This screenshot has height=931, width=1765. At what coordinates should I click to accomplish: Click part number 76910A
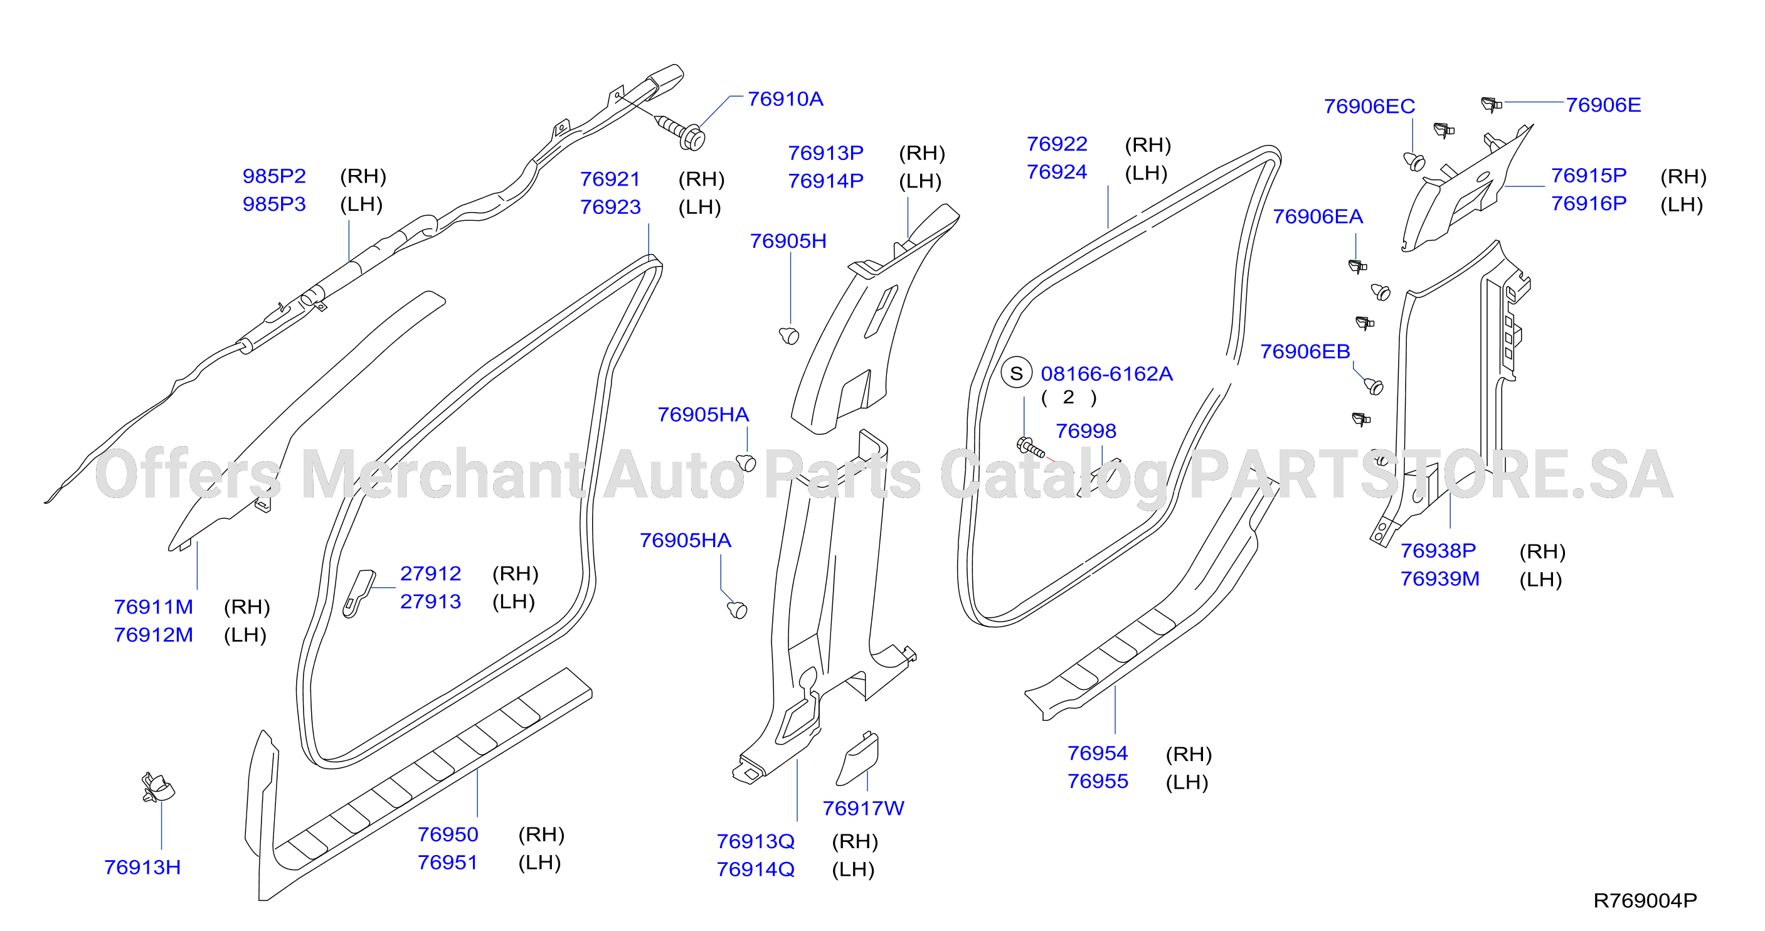[785, 99]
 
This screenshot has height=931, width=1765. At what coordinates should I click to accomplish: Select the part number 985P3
[274, 205]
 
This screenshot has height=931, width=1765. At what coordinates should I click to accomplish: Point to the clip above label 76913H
[157, 788]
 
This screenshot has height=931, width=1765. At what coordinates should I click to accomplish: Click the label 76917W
[863, 809]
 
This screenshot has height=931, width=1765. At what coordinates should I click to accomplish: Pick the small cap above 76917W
[857, 758]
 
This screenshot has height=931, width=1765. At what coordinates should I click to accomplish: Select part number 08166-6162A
[1106, 375]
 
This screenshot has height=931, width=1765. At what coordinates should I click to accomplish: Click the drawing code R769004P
[1645, 901]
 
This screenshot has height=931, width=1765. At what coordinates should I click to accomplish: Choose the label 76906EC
[1369, 107]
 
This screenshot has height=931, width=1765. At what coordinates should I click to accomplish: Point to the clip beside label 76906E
[1491, 104]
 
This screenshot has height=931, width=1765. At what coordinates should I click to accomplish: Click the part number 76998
[1086, 431]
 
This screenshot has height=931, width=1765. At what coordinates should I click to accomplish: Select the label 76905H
[788, 242]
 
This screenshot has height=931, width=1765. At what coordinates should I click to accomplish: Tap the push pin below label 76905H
[789, 335]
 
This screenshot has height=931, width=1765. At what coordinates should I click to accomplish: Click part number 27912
[430, 574]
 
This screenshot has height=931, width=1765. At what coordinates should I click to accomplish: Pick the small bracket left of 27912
[358, 593]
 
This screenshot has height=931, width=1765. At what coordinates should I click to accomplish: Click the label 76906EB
[1305, 352]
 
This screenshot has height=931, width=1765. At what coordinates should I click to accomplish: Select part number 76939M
[1439, 579]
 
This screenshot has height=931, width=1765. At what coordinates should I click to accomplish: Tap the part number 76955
[1098, 782]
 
